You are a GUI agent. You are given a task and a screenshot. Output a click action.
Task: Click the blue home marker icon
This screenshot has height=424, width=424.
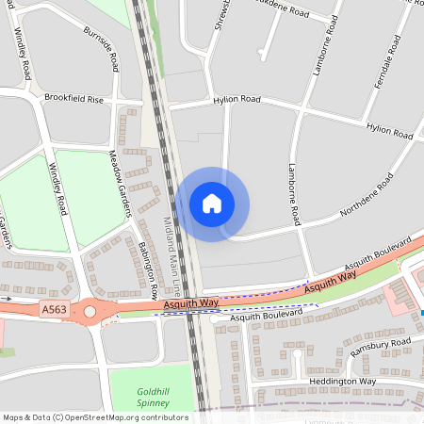[x=212, y=204]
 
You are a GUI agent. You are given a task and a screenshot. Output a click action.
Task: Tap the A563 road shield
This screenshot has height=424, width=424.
[x=54, y=308]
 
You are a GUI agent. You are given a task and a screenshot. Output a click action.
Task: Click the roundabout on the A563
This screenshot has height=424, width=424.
[x=90, y=309]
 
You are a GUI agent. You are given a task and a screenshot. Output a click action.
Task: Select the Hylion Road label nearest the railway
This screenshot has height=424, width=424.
[x=236, y=98]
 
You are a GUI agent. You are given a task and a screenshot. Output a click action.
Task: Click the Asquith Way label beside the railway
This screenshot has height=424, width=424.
[x=191, y=303]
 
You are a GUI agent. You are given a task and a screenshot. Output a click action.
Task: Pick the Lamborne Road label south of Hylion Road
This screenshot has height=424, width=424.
[x=292, y=193]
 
